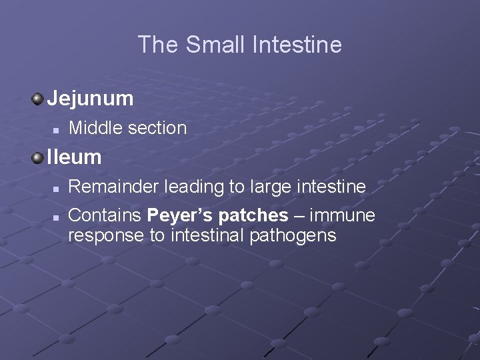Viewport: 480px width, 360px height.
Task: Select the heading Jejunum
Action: coord(91,99)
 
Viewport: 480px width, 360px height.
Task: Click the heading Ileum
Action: coord(74,157)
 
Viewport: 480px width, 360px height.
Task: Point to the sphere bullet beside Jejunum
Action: coord(38,99)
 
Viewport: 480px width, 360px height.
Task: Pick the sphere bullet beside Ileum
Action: coord(38,158)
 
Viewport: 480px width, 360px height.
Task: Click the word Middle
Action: coord(93,128)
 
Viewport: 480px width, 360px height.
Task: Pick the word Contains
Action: coord(105,216)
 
